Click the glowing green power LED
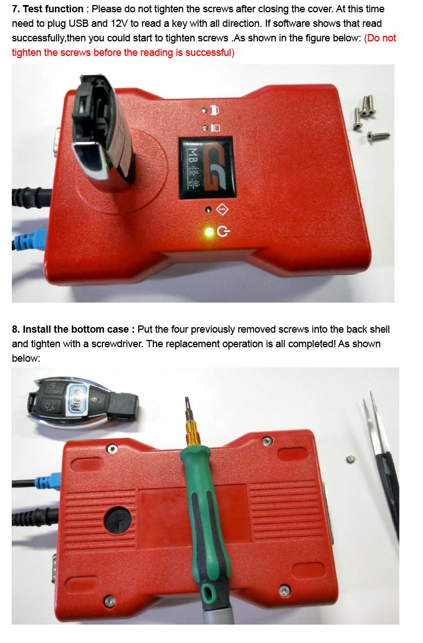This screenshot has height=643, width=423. click(x=209, y=232)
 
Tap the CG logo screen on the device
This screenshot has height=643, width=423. click(x=206, y=168)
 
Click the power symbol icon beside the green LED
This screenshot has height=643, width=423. click(x=223, y=232)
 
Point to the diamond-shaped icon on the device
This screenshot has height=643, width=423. click(x=222, y=210)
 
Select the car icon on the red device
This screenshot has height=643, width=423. click(x=214, y=110)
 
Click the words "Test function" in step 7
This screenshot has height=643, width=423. click(x=53, y=9)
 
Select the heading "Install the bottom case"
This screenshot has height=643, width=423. click(x=76, y=329)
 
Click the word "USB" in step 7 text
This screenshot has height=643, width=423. click(x=79, y=23)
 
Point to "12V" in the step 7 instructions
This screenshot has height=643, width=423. click(x=119, y=23)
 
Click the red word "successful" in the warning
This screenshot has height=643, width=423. click(x=209, y=53)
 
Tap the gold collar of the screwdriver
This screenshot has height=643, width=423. click(x=194, y=433)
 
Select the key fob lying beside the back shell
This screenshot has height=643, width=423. click(x=83, y=403)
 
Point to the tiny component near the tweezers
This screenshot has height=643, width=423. click(x=350, y=459)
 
